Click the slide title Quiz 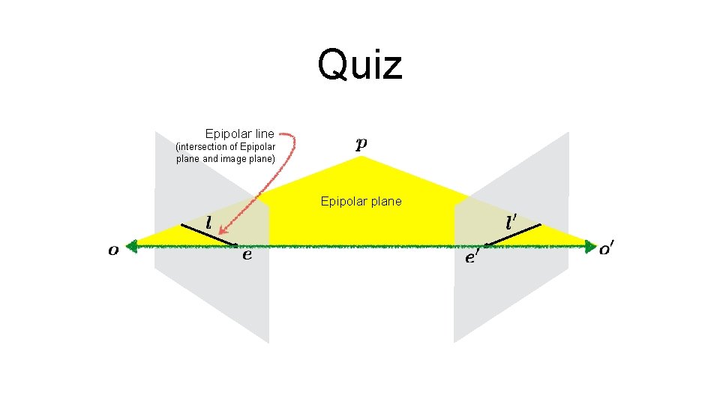[x=360, y=64]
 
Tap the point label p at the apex [x=361, y=144]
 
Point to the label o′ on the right [x=609, y=248]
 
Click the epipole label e [x=247, y=255]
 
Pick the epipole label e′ [x=472, y=257]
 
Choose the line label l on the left [x=208, y=223]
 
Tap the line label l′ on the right [x=511, y=222]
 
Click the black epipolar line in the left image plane [x=209, y=235]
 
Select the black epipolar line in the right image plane [x=513, y=235]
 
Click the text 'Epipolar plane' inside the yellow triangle [x=361, y=201]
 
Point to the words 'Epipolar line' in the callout [x=239, y=133]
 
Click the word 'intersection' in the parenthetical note [x=203, y=147]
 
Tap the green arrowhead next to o [x=133, y=245]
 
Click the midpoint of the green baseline [x=361, y=245]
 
